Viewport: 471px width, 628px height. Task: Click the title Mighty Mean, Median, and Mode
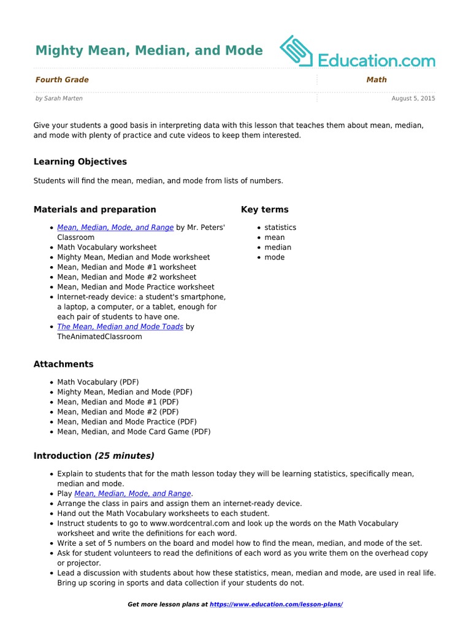148,50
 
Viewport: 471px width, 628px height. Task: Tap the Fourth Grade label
62,80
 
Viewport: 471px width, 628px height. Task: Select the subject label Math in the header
377,80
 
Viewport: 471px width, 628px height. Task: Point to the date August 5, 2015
413,98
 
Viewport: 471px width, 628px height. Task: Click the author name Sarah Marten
63,98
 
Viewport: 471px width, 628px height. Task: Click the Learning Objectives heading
80,162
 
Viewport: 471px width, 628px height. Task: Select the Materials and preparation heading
94,209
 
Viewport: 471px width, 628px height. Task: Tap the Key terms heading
264,209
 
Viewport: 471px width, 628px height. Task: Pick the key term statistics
280,228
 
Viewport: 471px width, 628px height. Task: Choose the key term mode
275,258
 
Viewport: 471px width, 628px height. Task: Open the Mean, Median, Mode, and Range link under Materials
115,228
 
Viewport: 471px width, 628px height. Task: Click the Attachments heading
64,364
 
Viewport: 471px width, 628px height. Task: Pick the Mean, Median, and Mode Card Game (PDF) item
134,432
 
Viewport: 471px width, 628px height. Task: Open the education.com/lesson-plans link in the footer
276,605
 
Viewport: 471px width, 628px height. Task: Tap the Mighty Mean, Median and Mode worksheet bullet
134,258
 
